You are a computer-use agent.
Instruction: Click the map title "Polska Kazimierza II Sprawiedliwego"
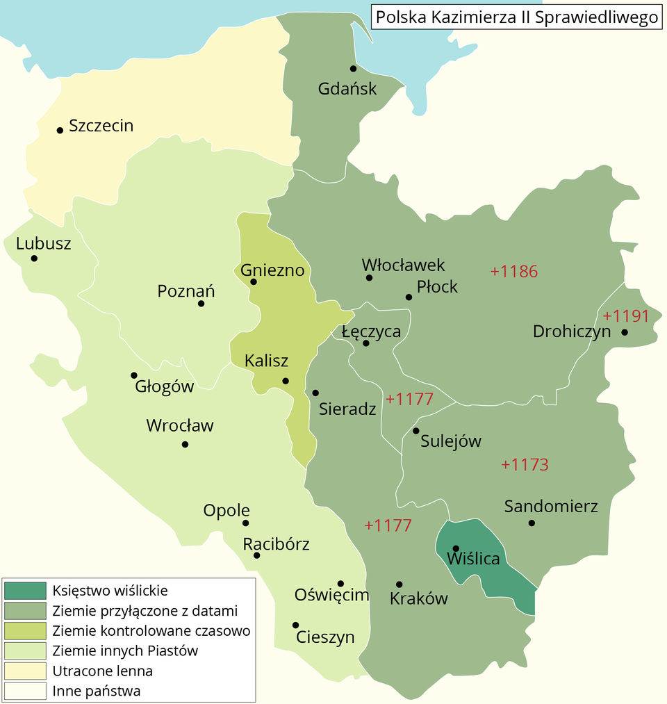pos(516,17)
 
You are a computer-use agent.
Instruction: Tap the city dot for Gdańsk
pos(353,68)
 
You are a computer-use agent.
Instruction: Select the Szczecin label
pos(101,126)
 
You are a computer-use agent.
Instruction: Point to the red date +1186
pos(514,272)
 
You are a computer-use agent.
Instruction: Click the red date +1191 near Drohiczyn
pos(625,317)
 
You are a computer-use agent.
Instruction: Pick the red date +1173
pos(525,465)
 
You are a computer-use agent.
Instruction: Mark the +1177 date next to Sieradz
pos(409,400)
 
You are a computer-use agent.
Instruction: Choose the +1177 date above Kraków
pos(388,525)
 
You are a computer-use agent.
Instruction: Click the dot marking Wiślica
pos(456,548)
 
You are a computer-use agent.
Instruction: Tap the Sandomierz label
pos(551,507)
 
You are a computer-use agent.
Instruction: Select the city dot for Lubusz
pos(34,259)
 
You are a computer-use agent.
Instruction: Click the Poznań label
pos(186,291)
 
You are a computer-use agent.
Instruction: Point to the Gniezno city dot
pos(254,281)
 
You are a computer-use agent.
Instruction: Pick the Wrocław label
pos(180,426)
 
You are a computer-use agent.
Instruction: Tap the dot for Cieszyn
pos(295,625)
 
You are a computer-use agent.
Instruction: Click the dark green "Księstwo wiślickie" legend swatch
pos(24,591)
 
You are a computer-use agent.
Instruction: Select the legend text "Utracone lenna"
pos(102,671)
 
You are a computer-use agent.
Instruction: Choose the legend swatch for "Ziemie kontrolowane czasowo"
pos(24,631)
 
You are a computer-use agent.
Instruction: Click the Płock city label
pos(437,286)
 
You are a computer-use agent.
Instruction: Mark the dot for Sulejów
pos(415,431)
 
